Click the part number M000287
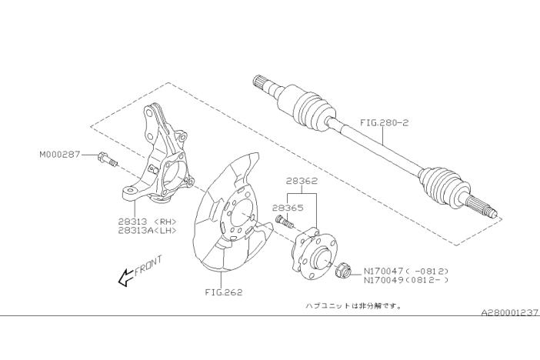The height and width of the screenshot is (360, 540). [59, 155]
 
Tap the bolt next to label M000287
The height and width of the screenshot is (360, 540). [108, 159]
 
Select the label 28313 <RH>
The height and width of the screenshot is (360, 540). [148, 222]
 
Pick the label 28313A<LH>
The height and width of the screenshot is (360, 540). [148, 231]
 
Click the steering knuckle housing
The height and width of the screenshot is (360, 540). [158, 155]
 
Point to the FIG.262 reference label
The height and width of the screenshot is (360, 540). [224, 292]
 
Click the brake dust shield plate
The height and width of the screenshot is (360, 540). [232, 214]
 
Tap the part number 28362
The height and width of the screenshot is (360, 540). [302, 181]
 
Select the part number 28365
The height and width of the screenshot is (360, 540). [288, 208]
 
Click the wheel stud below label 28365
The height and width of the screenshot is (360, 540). [285, 221]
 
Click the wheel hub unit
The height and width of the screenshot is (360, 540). [314, 255]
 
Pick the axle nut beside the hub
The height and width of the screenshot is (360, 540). [342, 270]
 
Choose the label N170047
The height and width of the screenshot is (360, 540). [383, 271]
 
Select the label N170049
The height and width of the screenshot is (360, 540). [383, 280]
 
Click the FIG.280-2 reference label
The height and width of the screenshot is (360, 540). [385, 122]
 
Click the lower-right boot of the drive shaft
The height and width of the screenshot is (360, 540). [445, 186]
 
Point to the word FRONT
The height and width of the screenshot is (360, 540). [148, 265]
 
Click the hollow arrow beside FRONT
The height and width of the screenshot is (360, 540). [126, 277]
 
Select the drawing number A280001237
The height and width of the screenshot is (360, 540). [510, 313]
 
